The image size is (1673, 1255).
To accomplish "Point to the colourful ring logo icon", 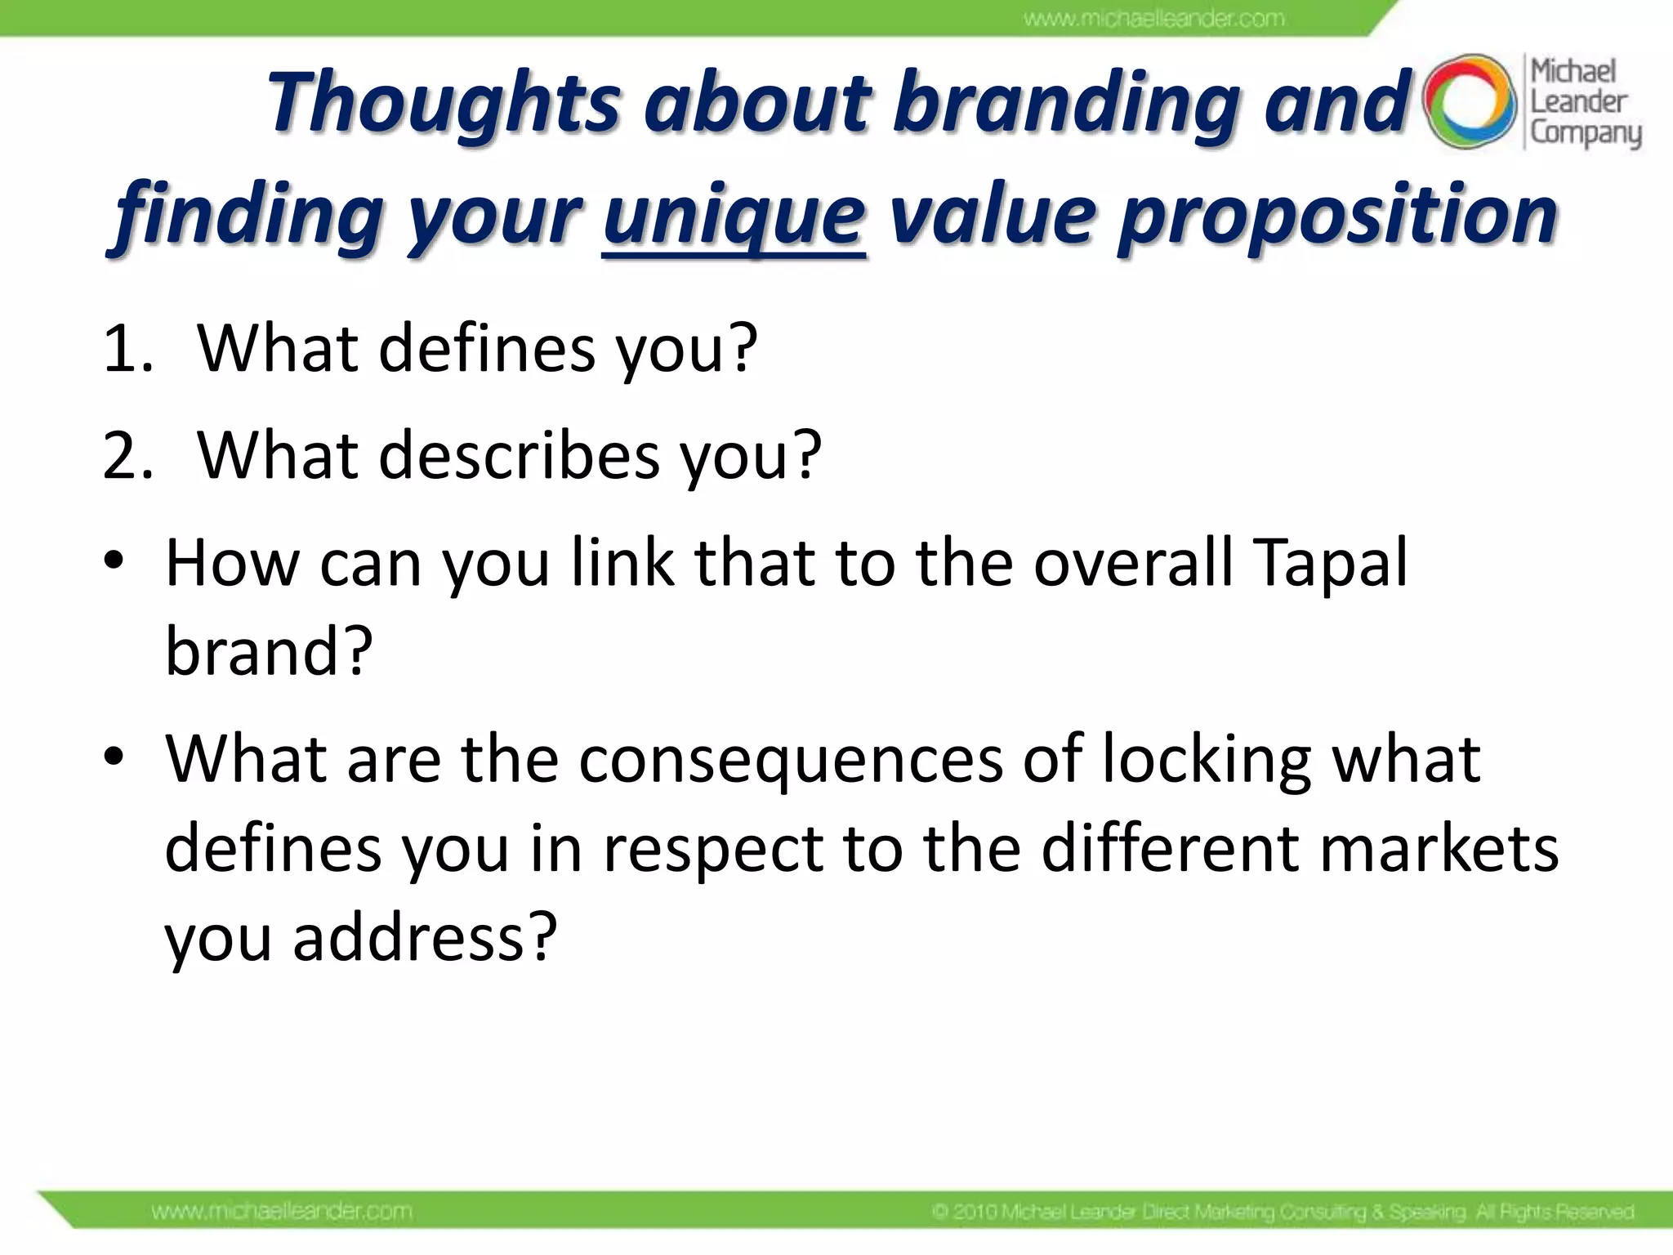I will coord(1469,102).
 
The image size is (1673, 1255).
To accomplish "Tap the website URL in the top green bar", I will coord(1154,19).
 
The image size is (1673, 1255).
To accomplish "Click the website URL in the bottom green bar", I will coord(282,1210).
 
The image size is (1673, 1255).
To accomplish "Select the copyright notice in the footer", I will coord(1283,1211).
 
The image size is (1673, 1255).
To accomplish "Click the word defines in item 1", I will coord(487,349).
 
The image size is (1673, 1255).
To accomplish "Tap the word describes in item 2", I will coord(519,456).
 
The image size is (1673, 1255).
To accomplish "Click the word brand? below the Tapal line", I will coord(269,651).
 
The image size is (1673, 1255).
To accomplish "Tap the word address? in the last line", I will coord(425,938).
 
